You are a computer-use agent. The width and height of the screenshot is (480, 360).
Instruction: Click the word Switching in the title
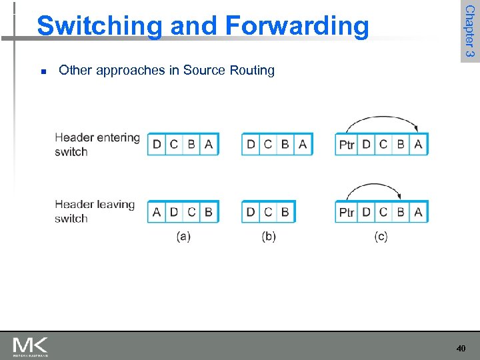pyautogui.click(x=99, y=26)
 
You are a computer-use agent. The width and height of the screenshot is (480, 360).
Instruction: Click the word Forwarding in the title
pyautogui.click(x=297, y=26)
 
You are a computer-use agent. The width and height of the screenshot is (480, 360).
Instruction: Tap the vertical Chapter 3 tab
pyautogui.click(x=469, y=31)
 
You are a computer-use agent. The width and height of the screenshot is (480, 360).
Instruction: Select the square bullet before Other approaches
pyautogui.click(x=43, y=71)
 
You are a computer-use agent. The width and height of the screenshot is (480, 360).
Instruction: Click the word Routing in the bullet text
pyautogui.click(x=249, y=70)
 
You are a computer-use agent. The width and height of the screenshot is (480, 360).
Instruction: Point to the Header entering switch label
pyautogui.click(x=97, y=144)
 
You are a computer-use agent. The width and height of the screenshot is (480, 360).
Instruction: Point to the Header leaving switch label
pyautogui.click(x=95, y=211)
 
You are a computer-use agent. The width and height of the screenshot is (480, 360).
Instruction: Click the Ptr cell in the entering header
pyautogui.click(x=347, y=145)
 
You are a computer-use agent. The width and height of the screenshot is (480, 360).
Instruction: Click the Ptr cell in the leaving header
pyautogui.click(x=347, y=212)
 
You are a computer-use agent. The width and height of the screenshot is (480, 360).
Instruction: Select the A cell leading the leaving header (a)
pyautogui.click(x=157, y=212)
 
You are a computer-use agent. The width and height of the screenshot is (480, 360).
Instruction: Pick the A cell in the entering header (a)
pyautogui.click(x=209, y=144)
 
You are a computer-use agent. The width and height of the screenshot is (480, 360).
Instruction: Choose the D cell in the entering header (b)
pyautogui.click(x=251, y=144)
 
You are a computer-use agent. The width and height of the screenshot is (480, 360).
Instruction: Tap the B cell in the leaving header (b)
pyautogui.click(x=285, y=212)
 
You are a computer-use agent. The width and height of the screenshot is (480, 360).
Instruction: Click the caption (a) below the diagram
pyautogui.click(x=183, y=236)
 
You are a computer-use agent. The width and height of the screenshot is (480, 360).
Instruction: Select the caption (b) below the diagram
pyautogui.click(x=269, y=236)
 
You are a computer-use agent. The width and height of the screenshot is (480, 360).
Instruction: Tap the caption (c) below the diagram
pyautogui.click(x=381, y=236)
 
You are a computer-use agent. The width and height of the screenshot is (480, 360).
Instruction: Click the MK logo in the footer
pyautogui.click(x=30, y=347)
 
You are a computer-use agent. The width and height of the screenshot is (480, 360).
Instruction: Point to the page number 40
pyautogui.click(x=461, y=348)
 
